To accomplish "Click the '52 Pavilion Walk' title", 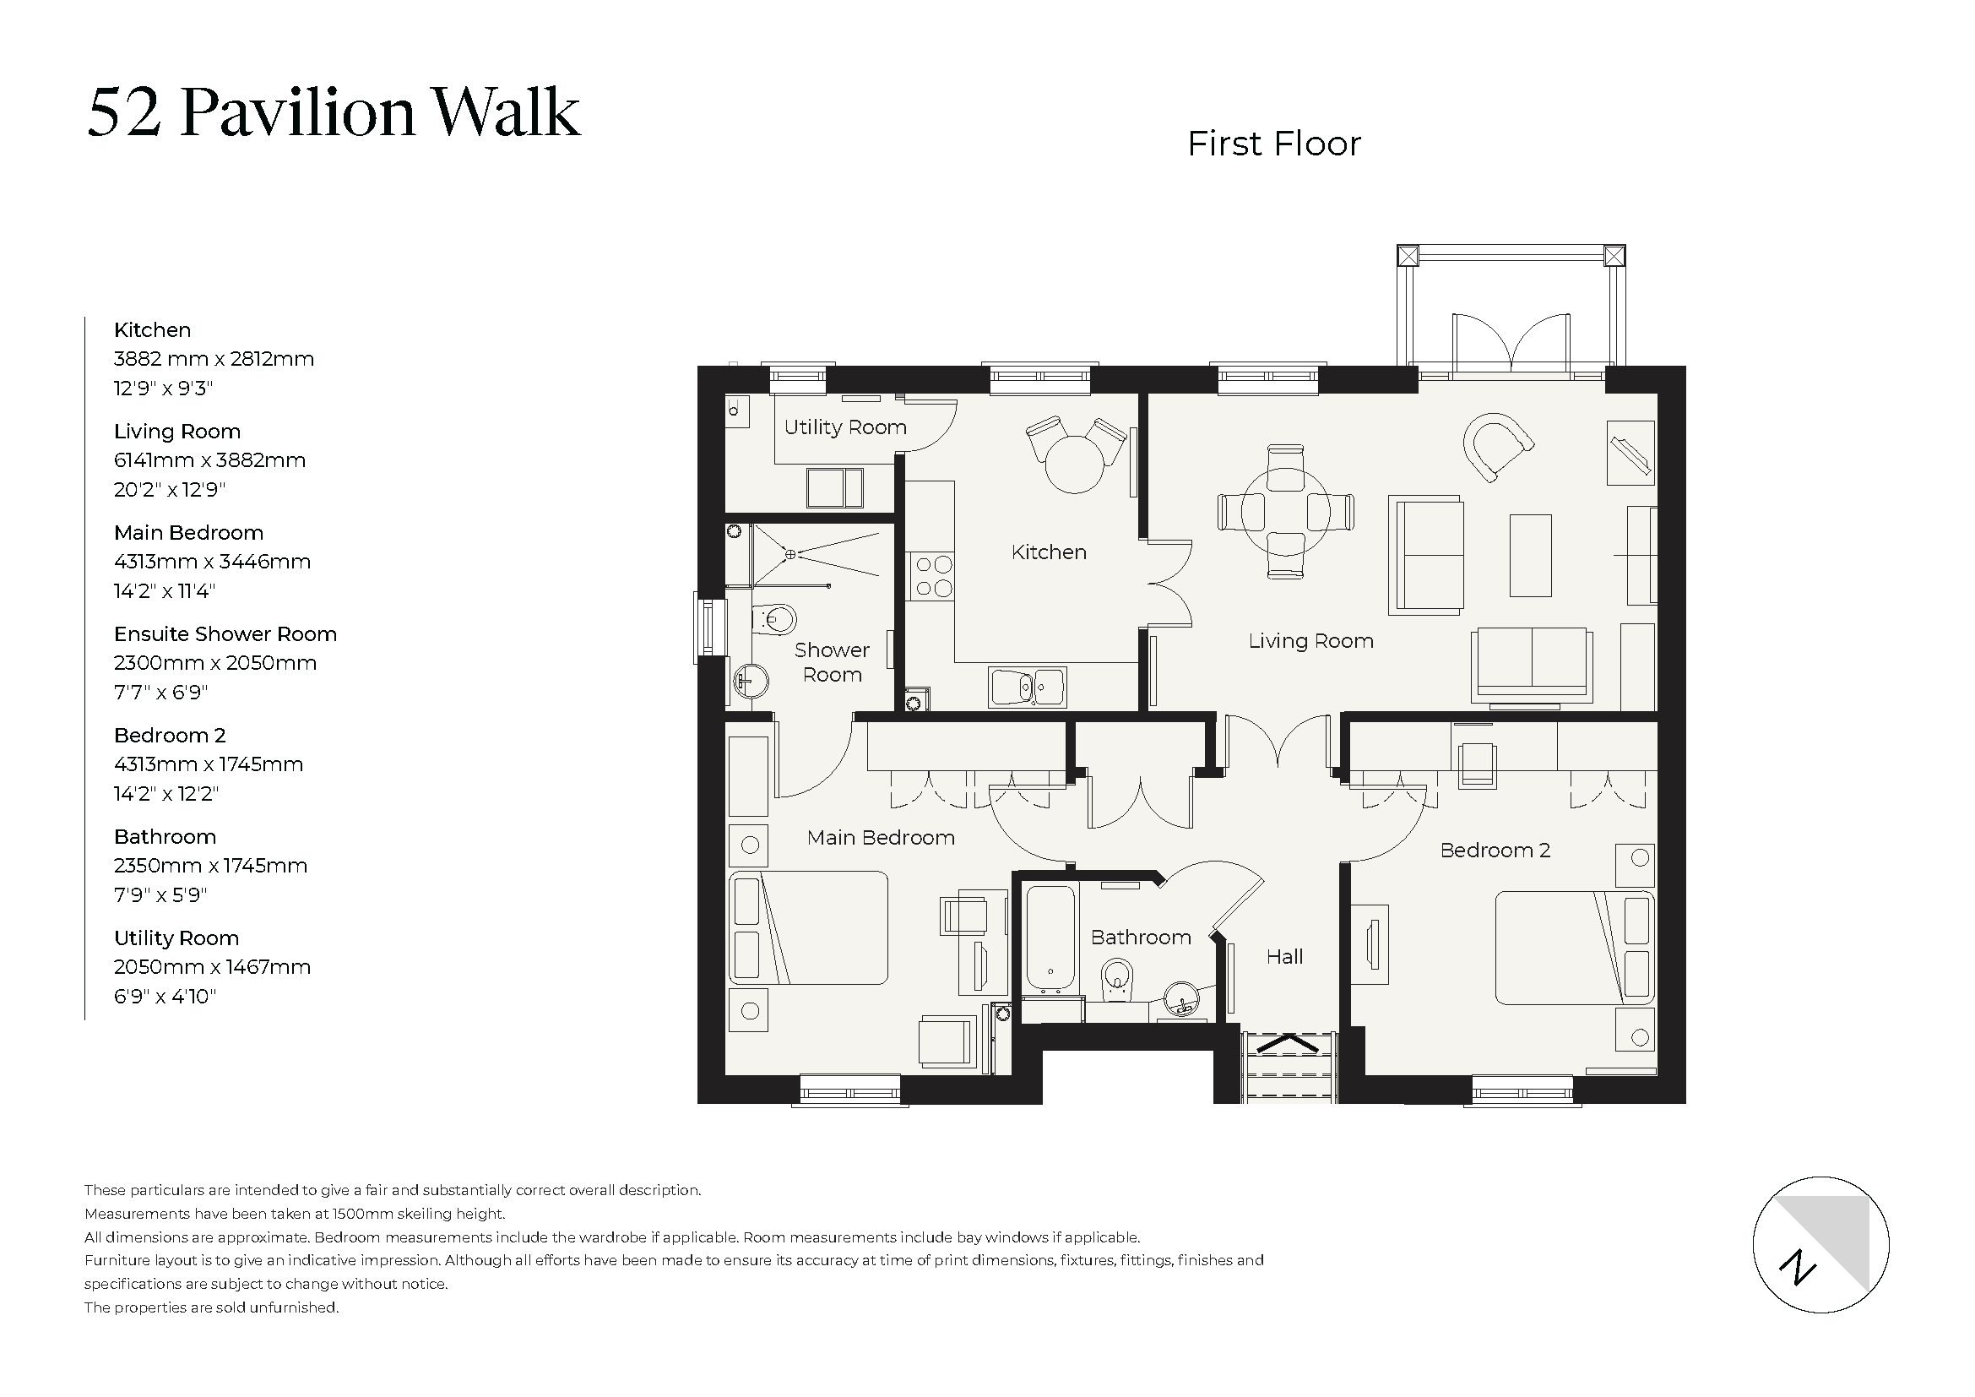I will (334, 112).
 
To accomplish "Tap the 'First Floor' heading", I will (1273, 144).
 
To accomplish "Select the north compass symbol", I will (1820, 1244).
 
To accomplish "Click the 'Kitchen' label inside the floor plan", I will (1049, 552).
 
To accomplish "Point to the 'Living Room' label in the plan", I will (1310, 641).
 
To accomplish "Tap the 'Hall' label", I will (1284, 957).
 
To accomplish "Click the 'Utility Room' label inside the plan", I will (844, 427).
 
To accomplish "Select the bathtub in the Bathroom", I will (1050, 937).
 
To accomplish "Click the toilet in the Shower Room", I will (774, 619).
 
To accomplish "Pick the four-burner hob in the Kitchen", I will (933, 576).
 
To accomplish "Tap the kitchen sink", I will (1028, 687).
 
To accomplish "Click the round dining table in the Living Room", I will (1285, 511).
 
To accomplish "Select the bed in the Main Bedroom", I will (809, 927).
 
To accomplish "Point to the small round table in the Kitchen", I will (1074, 465).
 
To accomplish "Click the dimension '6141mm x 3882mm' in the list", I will (209, 460).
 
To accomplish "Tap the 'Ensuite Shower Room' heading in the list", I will (225, 634).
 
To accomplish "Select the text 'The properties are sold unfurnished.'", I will (212, 1307).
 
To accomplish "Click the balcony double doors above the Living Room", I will (1511, 345).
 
